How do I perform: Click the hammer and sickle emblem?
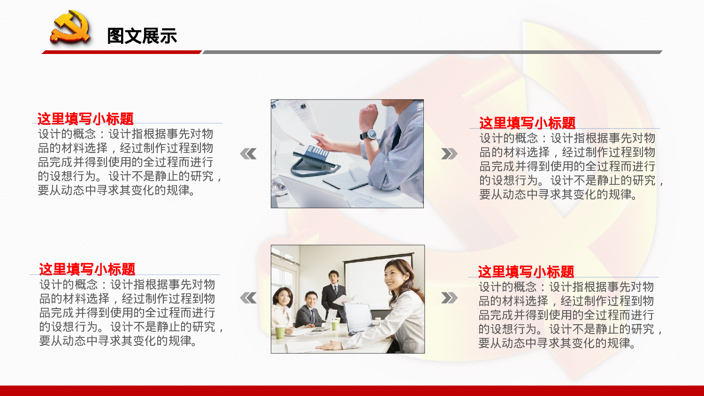point(70,28)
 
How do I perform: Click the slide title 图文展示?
point(142,36)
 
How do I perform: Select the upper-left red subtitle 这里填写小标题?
point(85,119)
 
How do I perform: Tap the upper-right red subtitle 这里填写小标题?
point(527,123)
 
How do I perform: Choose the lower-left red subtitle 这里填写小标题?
point(87,269)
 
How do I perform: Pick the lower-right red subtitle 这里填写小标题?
point(526,272)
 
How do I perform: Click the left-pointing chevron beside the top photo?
point(248,154)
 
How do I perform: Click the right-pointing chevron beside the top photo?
point(449,154)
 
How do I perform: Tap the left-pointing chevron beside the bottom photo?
point(248,297)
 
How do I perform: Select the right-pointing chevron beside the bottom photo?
point(449,297)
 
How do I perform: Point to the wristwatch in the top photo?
point(370,135)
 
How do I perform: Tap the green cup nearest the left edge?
point(280,332)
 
